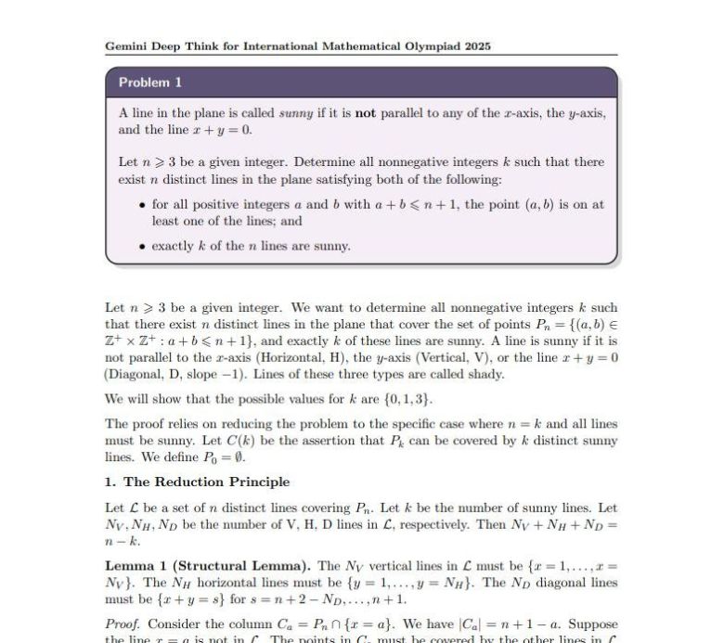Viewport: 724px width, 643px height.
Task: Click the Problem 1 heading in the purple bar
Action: click(149, 83)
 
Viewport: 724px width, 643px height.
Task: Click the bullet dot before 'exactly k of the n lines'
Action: click(140, 247)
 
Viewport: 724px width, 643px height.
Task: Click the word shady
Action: click(485, 374)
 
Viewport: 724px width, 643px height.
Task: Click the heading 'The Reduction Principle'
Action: click(206, 482)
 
